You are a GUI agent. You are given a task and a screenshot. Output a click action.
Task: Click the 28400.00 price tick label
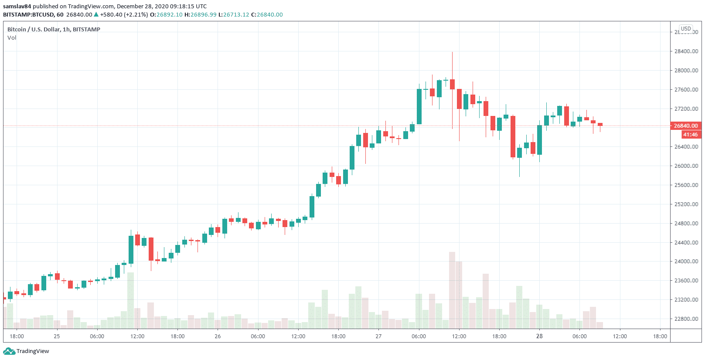pyautogui.click(x=686, y=51)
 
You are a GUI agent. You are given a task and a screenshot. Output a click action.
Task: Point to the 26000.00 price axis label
pyautogui.click(x=686, y=166)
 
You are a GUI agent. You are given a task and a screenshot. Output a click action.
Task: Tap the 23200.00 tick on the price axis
pyautogui.click(x=686, y=300)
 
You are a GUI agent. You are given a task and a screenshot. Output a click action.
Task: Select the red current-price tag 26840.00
pyautogui.click(x=685, y=126)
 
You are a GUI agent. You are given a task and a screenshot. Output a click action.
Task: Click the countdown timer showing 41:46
pyautogui.click(x=690, y=135)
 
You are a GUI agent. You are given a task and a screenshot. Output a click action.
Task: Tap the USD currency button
pyautogui.click(x=686, y=29)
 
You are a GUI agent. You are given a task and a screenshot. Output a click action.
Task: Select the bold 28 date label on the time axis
pyautogui.click(x=539, y=336)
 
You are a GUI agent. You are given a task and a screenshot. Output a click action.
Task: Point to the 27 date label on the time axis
pyautogui.click(x=378, y=336)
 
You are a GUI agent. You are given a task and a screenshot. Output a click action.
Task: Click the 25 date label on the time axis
pyautogui.click(x=57, y=336)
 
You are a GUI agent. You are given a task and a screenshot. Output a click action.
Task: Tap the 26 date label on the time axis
pyautogui.click(x=218, y=336)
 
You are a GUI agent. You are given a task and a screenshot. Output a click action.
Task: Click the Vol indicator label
pyautogui.click(x=12, y=38)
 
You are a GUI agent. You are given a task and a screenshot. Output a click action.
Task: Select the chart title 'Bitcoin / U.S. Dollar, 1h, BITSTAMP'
pyautogui.click(x=54, y=30)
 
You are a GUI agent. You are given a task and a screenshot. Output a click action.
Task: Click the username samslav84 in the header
pyautogui.click(x=17, y=7)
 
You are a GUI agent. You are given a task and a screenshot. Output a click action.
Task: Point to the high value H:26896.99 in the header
pyautogui.click(x=201, y=15)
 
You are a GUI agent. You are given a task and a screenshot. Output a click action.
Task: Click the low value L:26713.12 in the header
pyautogui.click(x=234, y=15)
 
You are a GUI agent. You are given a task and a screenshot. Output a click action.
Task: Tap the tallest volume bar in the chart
pyautogui.click(x=452, y=290)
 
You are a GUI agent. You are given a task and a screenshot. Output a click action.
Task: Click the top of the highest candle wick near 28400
pyautogui.click(x=452, y=53)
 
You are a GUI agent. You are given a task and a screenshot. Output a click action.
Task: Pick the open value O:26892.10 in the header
pyautogui.click(x=166, y=15)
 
